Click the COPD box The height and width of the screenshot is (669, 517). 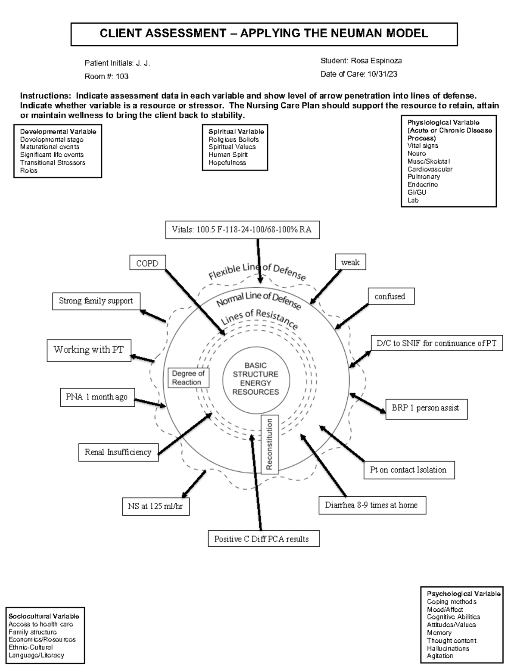pos(147,263)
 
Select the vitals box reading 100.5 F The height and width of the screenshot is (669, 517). pos(243,230)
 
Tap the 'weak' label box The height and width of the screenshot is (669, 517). pos(350,262)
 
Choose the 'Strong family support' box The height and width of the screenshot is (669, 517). pos(96,301)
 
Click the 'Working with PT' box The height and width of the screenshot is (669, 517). pos(89,350)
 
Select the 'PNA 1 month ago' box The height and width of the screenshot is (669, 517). pos(97,397)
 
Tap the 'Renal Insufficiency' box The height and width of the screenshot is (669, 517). pos(118,452)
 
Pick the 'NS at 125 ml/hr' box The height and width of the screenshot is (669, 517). pos(156,506)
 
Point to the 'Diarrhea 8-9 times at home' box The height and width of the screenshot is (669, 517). pos(372,505)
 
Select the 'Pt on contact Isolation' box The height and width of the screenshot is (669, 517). pos(408,470)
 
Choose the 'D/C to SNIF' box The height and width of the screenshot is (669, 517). pos(436,343)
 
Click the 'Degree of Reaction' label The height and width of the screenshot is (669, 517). pos(188,378)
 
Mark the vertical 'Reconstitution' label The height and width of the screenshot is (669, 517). pos(270,444)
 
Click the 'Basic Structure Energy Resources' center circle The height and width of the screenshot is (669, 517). pos(256,379)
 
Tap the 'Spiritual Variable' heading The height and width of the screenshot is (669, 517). pos(236,131)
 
